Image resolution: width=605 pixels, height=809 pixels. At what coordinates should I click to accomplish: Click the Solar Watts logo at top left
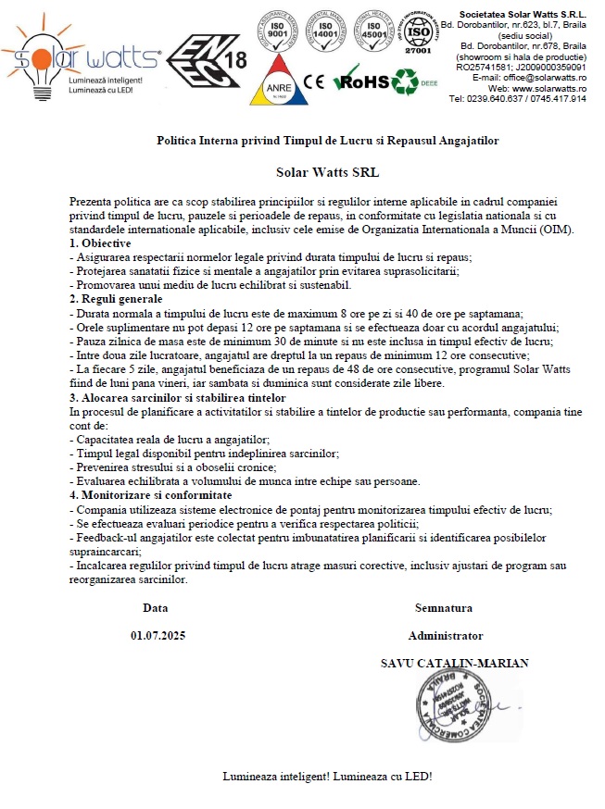[83, 57]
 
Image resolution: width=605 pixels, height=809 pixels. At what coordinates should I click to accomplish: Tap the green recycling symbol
[404, 81]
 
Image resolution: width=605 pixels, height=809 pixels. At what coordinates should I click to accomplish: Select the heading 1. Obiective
[102, 242]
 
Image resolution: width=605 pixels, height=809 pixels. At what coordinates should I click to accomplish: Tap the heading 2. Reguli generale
[116, 299]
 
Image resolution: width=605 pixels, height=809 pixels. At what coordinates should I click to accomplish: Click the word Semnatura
[445, 608]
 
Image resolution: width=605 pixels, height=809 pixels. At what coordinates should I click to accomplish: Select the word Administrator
[446, 636]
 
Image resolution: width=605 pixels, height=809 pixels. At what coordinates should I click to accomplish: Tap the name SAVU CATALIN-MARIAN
[455, 663]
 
